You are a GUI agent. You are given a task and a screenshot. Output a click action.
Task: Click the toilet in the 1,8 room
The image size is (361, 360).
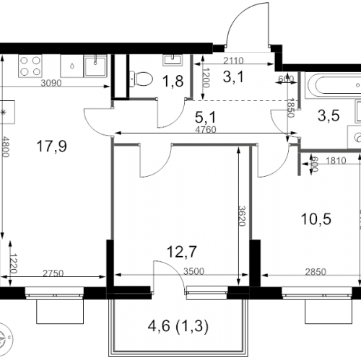141,74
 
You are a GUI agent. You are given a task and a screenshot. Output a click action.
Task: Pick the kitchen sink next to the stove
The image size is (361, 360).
95,66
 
